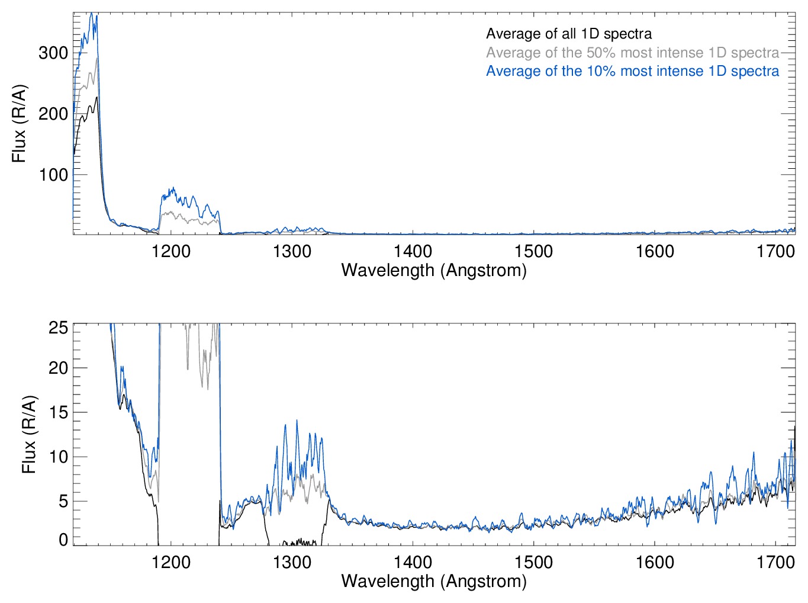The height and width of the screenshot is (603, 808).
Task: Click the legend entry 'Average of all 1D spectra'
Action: pyautogui.click(x=568, y=34)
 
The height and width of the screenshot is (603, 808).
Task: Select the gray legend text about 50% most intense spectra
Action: pyautogui.click(x=632, y=53)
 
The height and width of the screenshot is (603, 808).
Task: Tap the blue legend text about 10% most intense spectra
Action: pyautogui.click(x=632, y=71)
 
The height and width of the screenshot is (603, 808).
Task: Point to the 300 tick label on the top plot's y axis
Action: pyautogui.click(x=53, y=53)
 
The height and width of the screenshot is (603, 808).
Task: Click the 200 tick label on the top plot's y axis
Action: pyautogui.click(x=53, y=114)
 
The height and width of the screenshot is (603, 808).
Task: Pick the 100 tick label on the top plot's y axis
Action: pyautogui.click(x=53, y=175)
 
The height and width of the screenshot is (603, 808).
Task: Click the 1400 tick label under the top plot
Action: pyautogui.click(x=413, y=251)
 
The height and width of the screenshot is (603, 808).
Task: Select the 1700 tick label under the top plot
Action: pyautogui.click(x=775, y=251)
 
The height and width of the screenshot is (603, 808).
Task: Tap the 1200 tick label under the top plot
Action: pyautogui.click(x=171, y=251)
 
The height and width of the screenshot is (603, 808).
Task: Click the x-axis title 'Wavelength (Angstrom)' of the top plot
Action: pyautogui.click(x=434, y=270)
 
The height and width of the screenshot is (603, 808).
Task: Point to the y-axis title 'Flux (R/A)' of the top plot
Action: pyautogui.click(x=19, y=124)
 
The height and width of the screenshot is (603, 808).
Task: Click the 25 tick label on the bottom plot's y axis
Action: pyautogui.click(x=58, y=327)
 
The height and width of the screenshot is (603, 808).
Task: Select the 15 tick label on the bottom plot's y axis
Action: pyautogui.click(x=58, y=412)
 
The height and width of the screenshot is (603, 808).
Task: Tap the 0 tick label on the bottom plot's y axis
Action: pyautogui.click(x=63, y=540)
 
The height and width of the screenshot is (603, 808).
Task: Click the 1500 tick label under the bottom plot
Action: pyautogui.click(x=533, y=562)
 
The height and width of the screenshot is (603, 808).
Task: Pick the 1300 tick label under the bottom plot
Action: pyautogui.click(x=292, y=562)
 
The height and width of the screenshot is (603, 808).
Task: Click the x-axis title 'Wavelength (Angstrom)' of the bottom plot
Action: pyautogui.click(x=434, y=580)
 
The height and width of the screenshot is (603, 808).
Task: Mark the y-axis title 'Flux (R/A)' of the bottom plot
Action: pyautogui.click(x=28, y=434)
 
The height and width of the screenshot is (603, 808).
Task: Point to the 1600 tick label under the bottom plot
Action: pyautogui.click(x=655, y=562)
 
